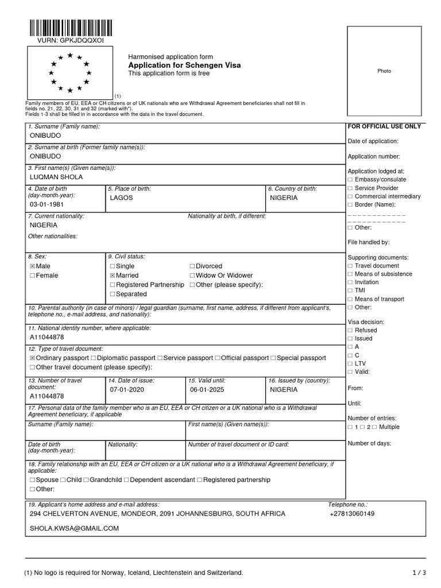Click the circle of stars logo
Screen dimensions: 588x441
(x=70, y=73)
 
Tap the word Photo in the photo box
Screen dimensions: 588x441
(x=384, y=71)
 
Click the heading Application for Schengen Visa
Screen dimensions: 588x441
(x=184, y=65)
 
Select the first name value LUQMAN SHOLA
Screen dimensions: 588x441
(x=56, y=177)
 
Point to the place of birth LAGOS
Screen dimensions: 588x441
(x=122, y=198)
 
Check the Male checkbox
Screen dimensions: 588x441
(x=32, y=266)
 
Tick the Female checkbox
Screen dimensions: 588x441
(x=32, y=276)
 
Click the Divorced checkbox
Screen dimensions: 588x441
(x=192, y=266)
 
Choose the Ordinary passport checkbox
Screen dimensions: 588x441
(x=32, y=358)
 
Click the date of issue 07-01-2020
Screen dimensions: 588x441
(x=127, y=389)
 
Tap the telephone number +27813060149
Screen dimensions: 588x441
(x=352, y=513)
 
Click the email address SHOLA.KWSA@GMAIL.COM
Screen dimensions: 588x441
(x=74, y=528)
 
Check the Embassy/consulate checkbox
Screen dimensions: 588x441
(x=350, y=180)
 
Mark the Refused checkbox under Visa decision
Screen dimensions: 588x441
(x=350, y=330)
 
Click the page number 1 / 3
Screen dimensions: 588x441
(x=420, y=572)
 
